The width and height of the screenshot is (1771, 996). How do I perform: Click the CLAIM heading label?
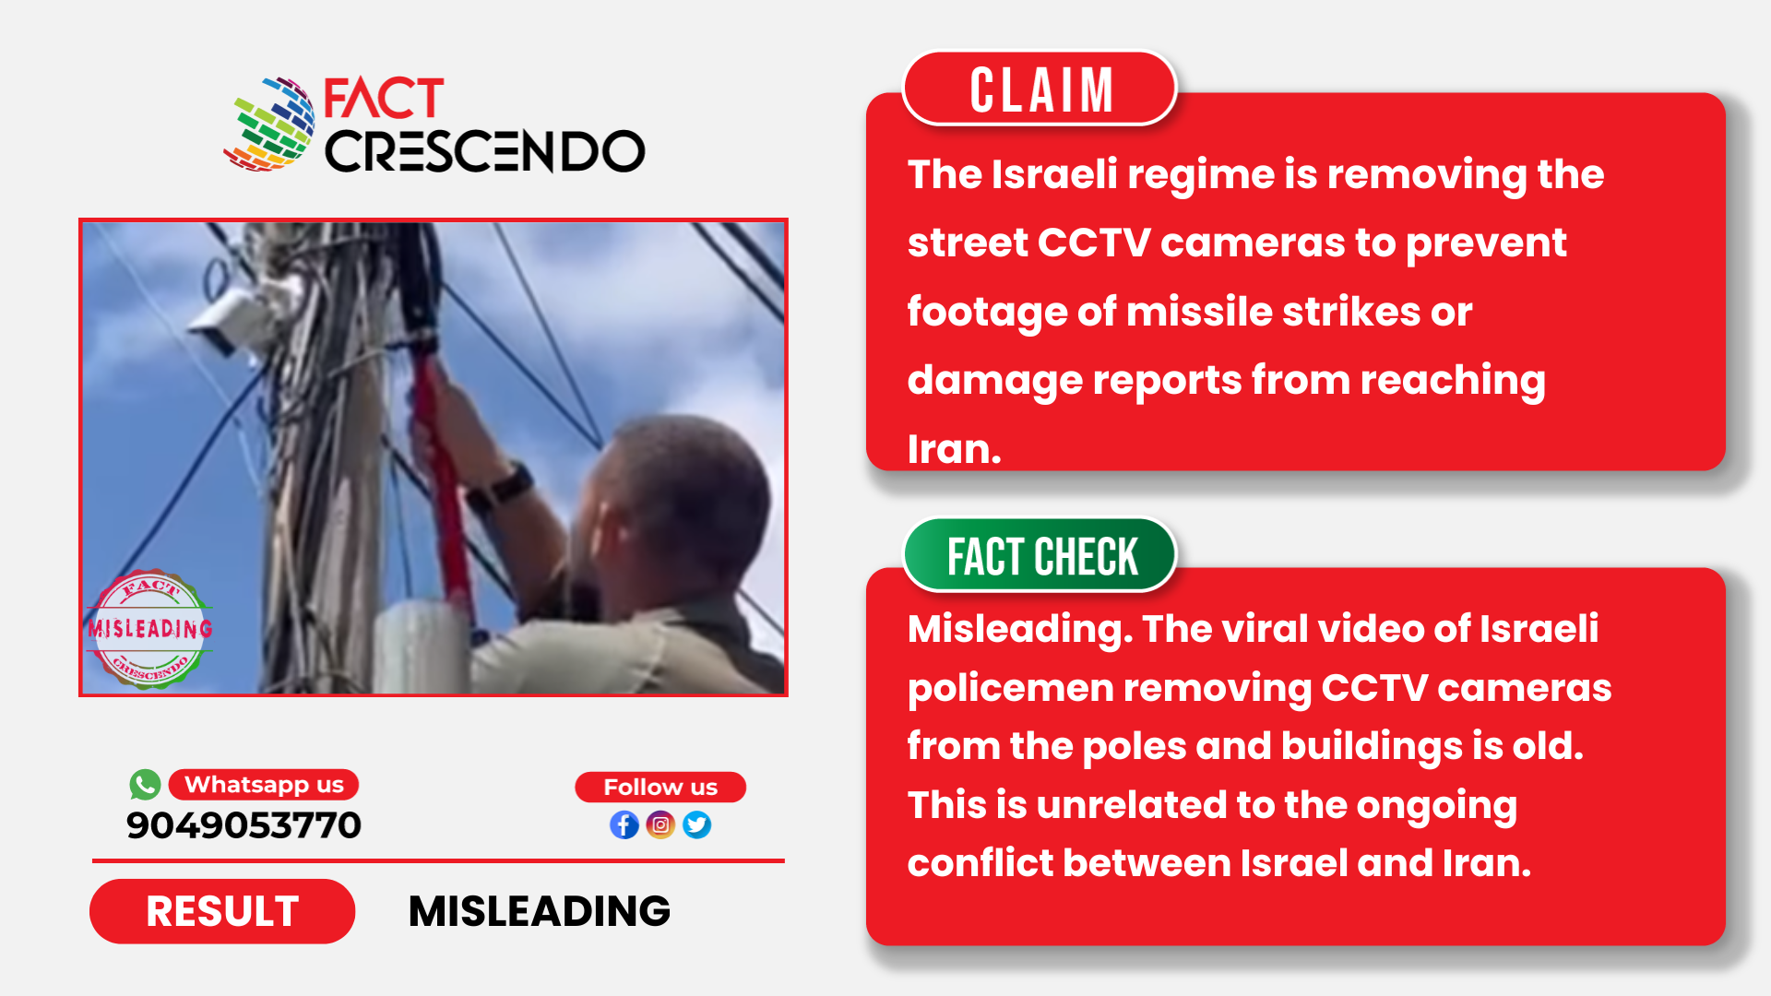pyautogui.click(x=1040, y=89)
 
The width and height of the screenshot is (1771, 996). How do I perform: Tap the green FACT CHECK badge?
pyautogui.click(x=1040, y=555)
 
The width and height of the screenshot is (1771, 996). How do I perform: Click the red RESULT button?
pyautogui.click(x=222, y=911)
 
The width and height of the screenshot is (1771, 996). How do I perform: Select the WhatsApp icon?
pyautogui.click(x=145, y=785)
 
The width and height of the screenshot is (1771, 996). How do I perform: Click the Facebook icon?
pyautogui.click(x=624, y=824)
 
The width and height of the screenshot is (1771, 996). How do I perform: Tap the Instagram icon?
pyautogui.click(x=660, y=824)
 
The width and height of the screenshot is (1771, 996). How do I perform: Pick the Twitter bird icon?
pyautogui.click(x=697, y=824)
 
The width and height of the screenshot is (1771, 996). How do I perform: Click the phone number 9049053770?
pyautogui.click(x=244, y=825)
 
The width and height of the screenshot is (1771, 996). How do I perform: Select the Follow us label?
pyautogui.click(x=660, y=787)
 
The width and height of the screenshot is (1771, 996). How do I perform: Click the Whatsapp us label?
pyautogui.click(x=264, y=785)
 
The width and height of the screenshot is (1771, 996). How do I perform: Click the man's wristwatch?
pyautogui.click(x=501, y=486)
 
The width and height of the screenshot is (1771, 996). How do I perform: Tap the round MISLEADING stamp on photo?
pyautogui.click(x=150, y=629)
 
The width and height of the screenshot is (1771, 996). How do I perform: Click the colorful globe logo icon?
pyautogui.click(x=269, y=125)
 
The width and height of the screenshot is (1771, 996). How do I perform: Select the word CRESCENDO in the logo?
pyautogui.click(x=484, y=151)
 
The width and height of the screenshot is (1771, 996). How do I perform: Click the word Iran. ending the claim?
pyautogui.click(x=954, y=449)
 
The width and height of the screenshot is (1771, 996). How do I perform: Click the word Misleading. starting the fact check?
pyautogui.click(x=1020, y=630)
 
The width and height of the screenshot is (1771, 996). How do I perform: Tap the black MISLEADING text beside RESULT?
pyautogui.click(x=540, y=911)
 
